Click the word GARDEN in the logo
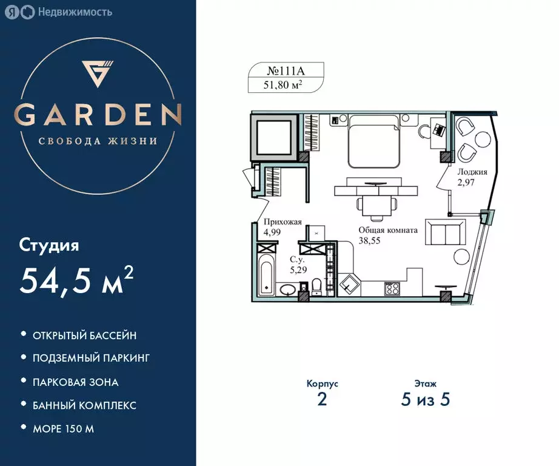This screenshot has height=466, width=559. coord(98,115)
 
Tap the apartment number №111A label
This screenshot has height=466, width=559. coord(286,71)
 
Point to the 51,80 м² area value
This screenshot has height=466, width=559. coord(283,85)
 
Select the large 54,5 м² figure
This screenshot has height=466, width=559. coord(76,281)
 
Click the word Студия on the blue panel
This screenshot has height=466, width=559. coord(49,246)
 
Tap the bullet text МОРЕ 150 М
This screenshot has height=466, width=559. coord(63,428)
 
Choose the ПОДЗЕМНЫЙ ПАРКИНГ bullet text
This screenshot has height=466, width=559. coord(91,358)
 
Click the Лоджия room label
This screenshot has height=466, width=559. coord(472,172)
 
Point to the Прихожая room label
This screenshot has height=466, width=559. coord(283,222)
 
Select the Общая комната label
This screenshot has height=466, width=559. coord(388,230)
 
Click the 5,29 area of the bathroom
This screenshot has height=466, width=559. coord(298,270)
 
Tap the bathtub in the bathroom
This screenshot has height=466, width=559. coord(266,275)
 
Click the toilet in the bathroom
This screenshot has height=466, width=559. coord(316,287)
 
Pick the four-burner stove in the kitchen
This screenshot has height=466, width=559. coord(392,289)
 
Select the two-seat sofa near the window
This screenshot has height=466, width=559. coord(446,232)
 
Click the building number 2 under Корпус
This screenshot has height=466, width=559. coord(322,399)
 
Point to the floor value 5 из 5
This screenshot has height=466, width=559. coord(425,399)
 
